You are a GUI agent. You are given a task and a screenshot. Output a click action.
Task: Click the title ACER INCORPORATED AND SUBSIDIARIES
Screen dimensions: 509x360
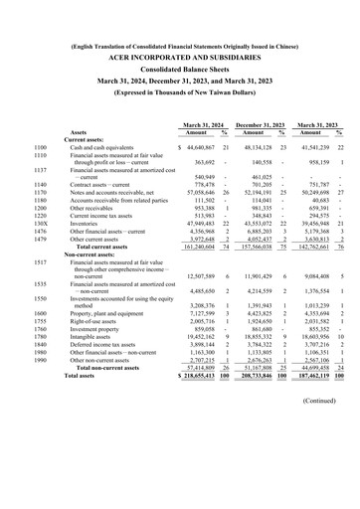[x=179, y=59]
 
